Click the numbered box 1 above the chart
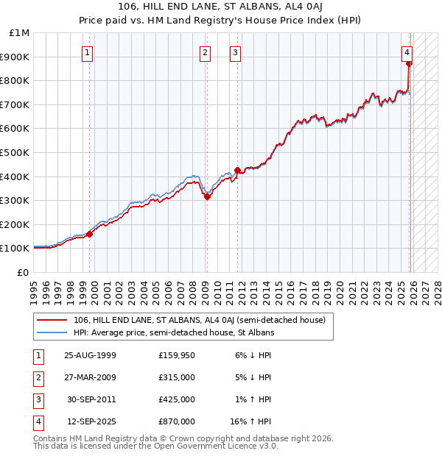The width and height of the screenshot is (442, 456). pos(88,52)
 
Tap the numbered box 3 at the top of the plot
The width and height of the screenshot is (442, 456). pos(235,52)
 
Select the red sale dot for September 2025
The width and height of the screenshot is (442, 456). pos(409,64)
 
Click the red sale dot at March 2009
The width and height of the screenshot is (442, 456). pos(207,196)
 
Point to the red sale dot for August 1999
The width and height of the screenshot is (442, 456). pos(90,234)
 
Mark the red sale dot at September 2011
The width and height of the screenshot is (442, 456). pos(237,171)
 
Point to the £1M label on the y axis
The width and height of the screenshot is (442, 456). pos(20,33)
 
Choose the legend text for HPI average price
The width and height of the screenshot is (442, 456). pos(174,332)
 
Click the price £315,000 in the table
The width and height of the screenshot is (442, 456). pos(176,377)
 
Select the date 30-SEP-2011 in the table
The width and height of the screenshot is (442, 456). pos(90,399)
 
